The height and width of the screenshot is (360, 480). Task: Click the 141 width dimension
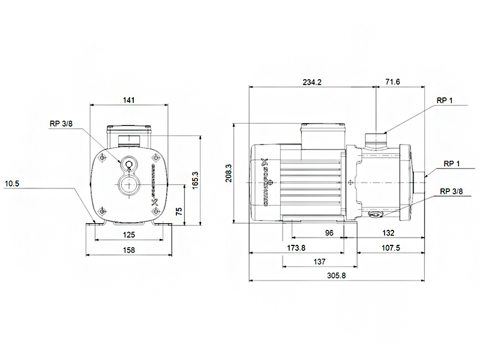point(128,100)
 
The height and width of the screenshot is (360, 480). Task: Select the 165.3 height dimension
point(195,181)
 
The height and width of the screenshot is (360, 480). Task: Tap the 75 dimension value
point(179,211)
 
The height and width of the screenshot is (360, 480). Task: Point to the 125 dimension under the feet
point(129,235)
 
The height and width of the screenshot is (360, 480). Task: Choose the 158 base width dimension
point(129,250)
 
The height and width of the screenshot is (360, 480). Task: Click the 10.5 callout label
point(11,184)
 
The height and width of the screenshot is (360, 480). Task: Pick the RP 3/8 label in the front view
point(61,124)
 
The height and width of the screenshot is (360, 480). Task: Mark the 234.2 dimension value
point(312,82)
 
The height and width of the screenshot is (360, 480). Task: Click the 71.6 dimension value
point(393,82)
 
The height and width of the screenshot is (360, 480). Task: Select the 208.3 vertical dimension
point(229,173)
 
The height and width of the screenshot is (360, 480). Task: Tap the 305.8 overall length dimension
point(336,275)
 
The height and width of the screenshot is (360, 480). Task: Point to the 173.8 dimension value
point(296,248)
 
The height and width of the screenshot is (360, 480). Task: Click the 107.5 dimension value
point(391,248)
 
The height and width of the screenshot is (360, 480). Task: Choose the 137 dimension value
point(319,262)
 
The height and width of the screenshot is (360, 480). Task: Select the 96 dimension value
point(329,233)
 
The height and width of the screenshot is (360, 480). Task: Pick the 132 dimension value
point(388,233)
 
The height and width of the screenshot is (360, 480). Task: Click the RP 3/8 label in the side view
point(451,191)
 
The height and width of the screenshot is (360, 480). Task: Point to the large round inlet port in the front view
point(129,185)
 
